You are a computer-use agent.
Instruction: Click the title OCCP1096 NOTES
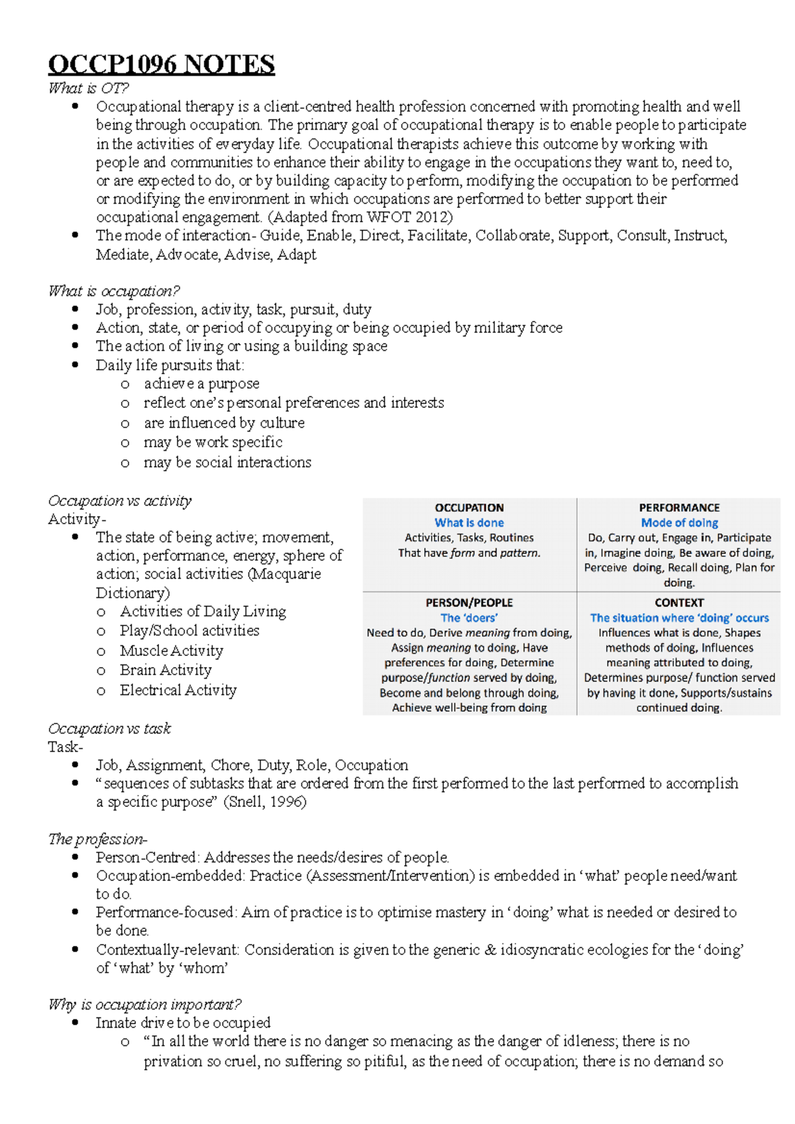(x=161, y=65)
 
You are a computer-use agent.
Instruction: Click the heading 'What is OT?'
(x=88, y=88)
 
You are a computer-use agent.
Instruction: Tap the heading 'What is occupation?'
(x=113, y=291)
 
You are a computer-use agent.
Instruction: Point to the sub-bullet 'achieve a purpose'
(x=201, y=384)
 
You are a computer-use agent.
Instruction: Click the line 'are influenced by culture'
(x=224, y=423)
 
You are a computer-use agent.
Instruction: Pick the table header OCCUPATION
(x=469, y=508)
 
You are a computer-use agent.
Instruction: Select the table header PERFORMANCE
(x=679, y=508)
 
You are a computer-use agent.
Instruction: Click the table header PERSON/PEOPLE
(x=469, y=602)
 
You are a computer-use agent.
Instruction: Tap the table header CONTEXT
(x=679, y=602)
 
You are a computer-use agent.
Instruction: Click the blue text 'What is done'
(x=469, y=523)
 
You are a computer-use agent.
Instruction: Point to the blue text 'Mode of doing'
(x=679, y=523)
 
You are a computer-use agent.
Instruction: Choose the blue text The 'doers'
(x=469, y=618)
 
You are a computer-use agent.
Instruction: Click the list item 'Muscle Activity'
(x=171, y=651)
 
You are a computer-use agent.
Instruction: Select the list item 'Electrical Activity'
(x=178, y=690)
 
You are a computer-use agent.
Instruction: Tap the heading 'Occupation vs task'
(x=109, y=729)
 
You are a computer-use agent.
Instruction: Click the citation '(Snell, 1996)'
(x=265, y=802)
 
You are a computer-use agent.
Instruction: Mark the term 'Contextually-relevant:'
(x=167, y=950)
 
